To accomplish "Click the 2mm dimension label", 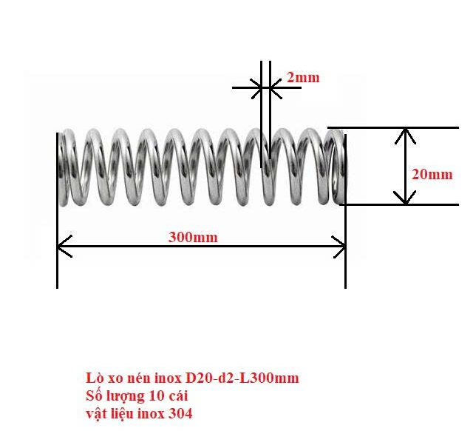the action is [x=302, y=77].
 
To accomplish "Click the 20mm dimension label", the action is [x=432, y=175].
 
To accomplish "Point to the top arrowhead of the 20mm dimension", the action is [x=404, y=134].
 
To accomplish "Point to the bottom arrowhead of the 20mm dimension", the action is [x=404, y=198].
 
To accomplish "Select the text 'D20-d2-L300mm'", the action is [x=248, y=378].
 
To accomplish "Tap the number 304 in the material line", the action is [x=182, y=414].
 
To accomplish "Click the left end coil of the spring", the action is [x=67, y=167].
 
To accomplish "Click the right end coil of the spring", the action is [x=338, y=167].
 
